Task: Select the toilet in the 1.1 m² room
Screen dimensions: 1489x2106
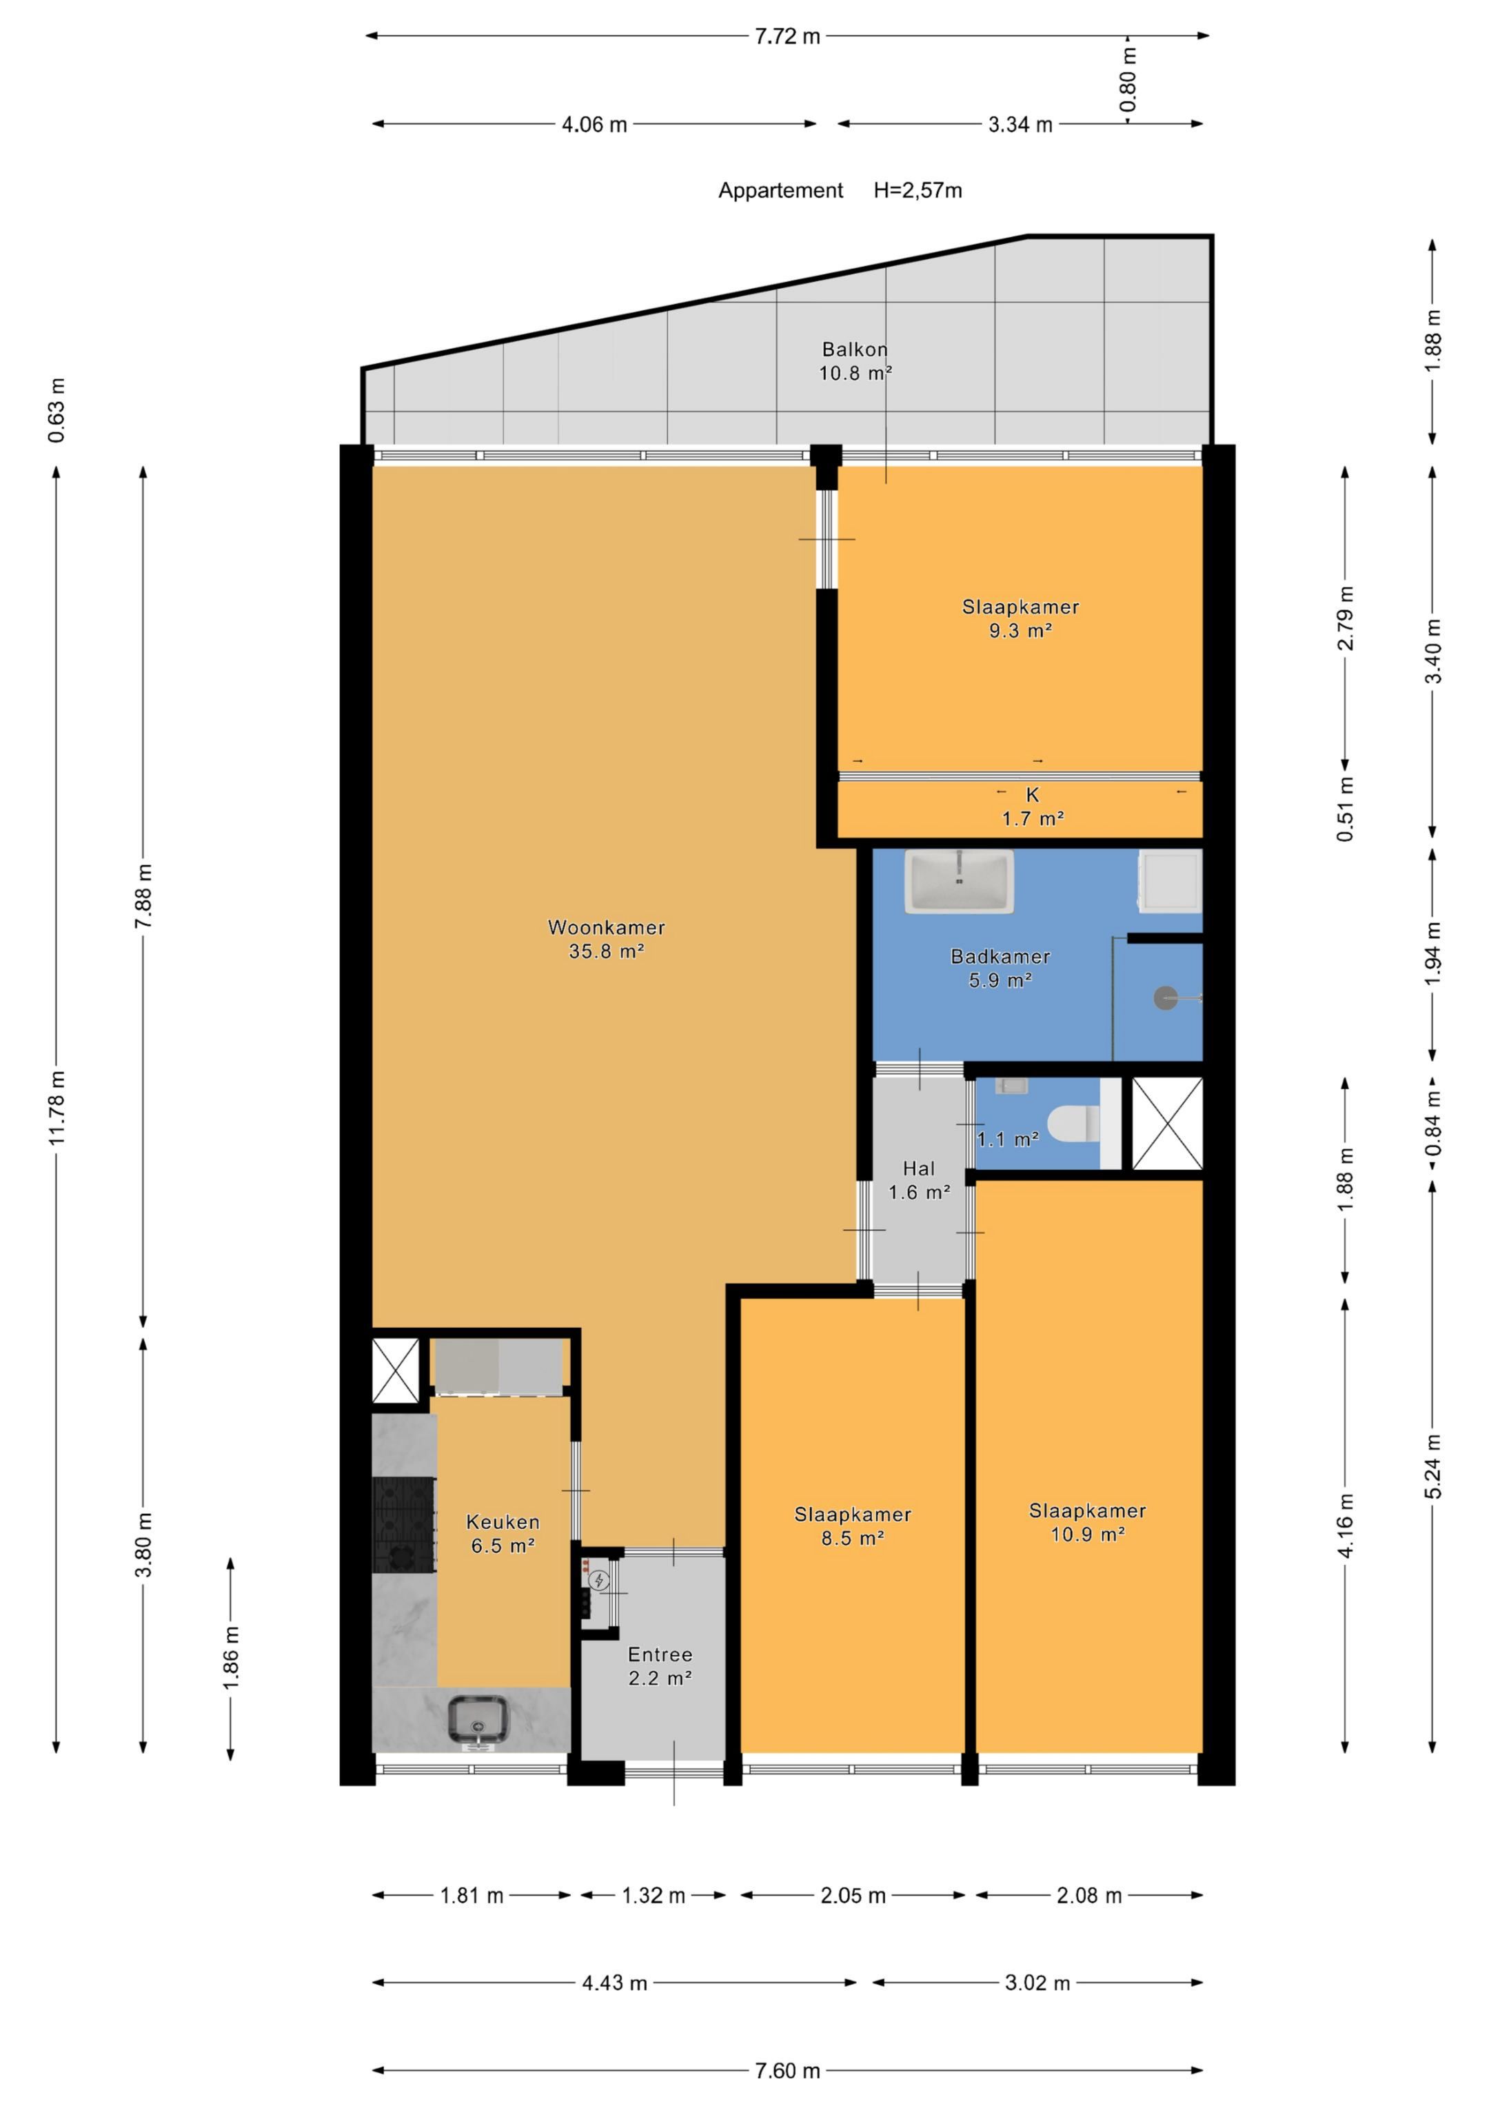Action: click(1073, 1124)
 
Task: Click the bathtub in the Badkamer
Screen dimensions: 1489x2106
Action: click(959, 882)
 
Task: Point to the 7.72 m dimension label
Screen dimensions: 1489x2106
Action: click(787, 37)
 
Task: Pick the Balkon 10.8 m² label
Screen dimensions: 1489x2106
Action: click(855, 361)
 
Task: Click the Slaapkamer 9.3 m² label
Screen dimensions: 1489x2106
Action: click(1020, 618)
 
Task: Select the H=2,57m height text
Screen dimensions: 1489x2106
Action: click(918, 191)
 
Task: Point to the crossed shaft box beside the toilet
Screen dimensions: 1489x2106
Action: click(1167, 1124)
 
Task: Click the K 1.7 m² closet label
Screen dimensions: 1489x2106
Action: click(1033, 807)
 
